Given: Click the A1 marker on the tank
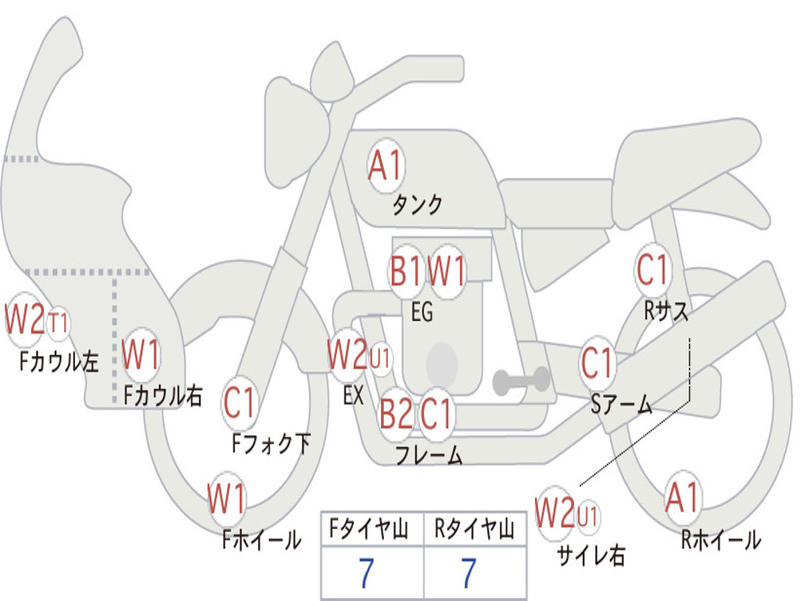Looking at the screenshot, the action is point(386,166).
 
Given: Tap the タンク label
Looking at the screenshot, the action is point(417,205).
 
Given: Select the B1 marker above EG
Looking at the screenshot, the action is point(406,271).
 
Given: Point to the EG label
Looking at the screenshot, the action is point(422,311).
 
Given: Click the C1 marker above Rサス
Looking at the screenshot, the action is point(652,269).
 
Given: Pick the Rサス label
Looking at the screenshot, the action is point(666,310).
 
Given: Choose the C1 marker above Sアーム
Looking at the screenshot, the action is point(597,364).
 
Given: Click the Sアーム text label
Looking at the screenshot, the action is point(621,405).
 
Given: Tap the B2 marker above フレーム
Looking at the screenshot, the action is point(396,413).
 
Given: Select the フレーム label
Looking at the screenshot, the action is point(429,455).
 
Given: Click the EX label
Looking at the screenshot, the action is point(354,395).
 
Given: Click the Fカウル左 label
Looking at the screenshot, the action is point(59,362).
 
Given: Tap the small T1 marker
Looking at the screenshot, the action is point(58,323).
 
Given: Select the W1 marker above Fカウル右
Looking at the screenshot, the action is point(141,354).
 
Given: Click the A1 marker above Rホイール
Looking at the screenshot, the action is point(682,498).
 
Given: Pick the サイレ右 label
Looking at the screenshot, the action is point(591,555).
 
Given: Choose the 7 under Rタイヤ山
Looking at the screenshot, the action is point(469,573).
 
